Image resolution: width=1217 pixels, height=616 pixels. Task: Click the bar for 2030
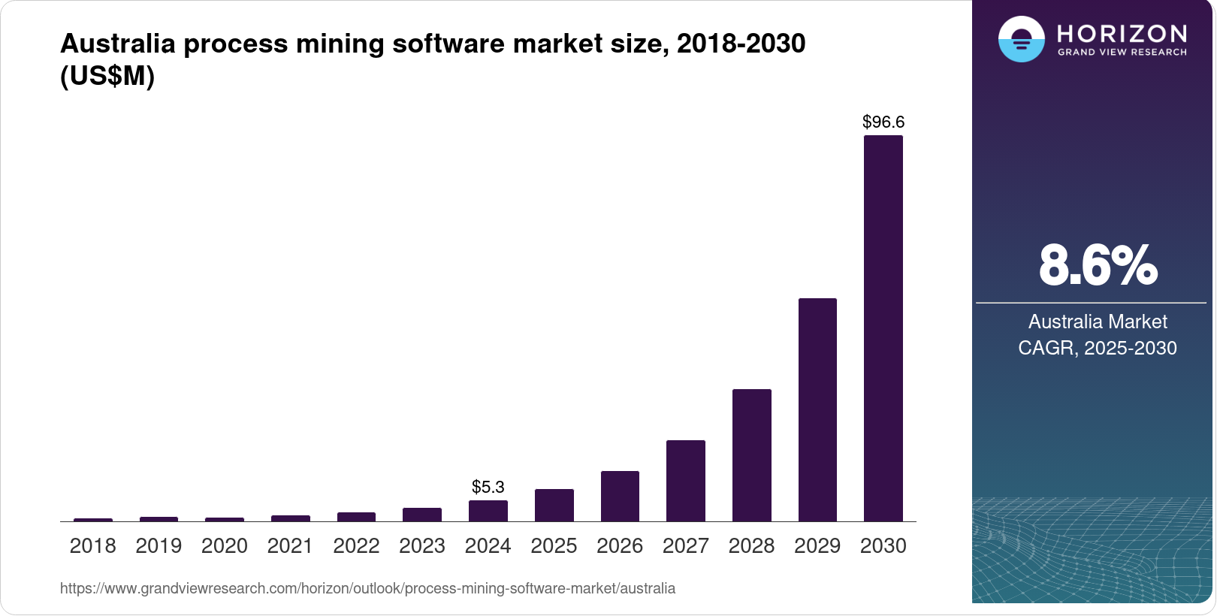(883, 328)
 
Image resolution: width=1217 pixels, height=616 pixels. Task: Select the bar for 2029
(817, 409)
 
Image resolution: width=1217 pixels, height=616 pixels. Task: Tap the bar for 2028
(751, 455)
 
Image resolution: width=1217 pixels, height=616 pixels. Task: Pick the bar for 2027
(685, 481)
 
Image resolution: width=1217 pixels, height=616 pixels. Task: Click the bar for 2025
(554, 506)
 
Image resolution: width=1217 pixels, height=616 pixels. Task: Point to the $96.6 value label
(883, 122)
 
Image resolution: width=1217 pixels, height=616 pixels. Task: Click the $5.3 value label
(488, 487)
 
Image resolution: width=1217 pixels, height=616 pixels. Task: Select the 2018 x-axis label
(92, 546)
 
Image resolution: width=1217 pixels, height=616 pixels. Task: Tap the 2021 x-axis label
(290, 546)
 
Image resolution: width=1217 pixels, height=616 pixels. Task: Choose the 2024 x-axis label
(488, 546)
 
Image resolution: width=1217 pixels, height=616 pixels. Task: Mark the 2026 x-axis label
(620, 546)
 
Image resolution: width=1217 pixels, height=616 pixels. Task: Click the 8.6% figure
(1098, 266)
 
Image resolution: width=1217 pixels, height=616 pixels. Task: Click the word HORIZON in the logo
(1122, 34)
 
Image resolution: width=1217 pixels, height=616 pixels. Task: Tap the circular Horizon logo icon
(1021, 39)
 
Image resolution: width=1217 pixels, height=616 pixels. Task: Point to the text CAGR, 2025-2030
(1098, 348)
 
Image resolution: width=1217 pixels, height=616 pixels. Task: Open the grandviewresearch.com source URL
(367, 588)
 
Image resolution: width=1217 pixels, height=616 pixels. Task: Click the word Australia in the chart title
(117, 44)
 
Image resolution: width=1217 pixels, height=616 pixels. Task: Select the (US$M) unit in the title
(107, 76)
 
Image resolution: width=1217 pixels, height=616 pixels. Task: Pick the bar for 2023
(422, 515)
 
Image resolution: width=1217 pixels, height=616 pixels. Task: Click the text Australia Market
(1098, 322)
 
